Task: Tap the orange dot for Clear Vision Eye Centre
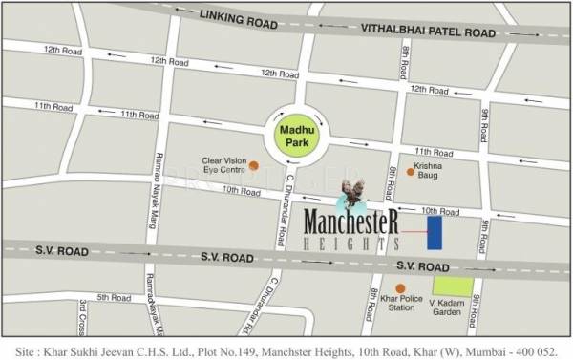[254, 164]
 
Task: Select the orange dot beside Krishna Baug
[411, 172]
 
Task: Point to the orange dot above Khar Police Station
[400, 287]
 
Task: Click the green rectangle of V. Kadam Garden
[452, 284]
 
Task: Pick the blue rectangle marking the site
[435, 231]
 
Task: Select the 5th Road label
[114, 297]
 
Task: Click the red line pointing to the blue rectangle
[412, 232]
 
